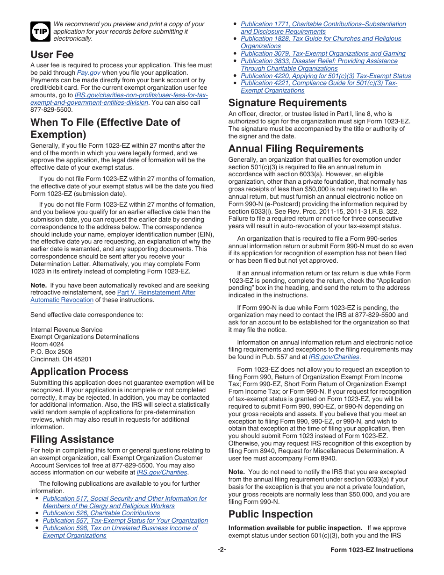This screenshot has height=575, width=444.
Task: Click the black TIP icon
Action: coord(40,31)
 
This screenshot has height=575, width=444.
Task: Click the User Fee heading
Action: coord(52,55)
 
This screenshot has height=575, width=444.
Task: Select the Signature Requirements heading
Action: coord(287,103)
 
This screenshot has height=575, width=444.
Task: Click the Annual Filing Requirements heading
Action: coord(296,149)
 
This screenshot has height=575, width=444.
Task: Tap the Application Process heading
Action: coord(79,372)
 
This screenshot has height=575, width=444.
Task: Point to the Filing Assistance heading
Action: coord(72,439)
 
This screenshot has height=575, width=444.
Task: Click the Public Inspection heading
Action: coord(271,514)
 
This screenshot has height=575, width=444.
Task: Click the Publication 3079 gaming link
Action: coord(323,53)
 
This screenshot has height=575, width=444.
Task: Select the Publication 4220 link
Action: coord(326,76)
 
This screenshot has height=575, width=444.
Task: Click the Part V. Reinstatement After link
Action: coord(156,292)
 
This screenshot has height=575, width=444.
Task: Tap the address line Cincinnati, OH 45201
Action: coord(61,359)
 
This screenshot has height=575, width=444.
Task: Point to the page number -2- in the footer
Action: coord(222,550)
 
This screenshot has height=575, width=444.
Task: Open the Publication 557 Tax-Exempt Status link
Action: coord(125,520)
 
